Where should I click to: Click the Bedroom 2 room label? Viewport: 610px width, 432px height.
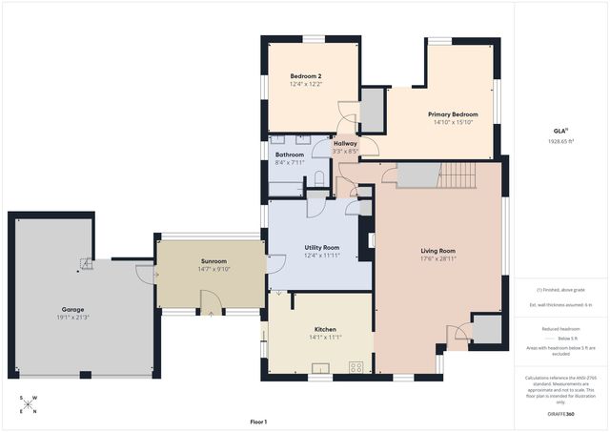(x=305, y=75)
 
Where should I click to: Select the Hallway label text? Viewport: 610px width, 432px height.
(x=345, y=143)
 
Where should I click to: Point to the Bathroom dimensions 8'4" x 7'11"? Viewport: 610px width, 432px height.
(x=290, y=162)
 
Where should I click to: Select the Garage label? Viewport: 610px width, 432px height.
(x=72, y=310)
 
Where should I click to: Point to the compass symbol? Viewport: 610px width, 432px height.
(x=29, y=404)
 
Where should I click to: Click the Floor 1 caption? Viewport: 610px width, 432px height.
(x=258, y=422)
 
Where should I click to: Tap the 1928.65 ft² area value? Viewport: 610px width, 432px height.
(x=560, y=141)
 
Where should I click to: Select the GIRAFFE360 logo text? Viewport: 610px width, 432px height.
(x=560, y=415)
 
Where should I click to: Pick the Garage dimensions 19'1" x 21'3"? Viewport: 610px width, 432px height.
(x=72, y=318)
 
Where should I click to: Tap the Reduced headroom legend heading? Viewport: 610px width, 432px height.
(x=560, y=327)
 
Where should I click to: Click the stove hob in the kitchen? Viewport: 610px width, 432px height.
(x=357, y=367)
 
